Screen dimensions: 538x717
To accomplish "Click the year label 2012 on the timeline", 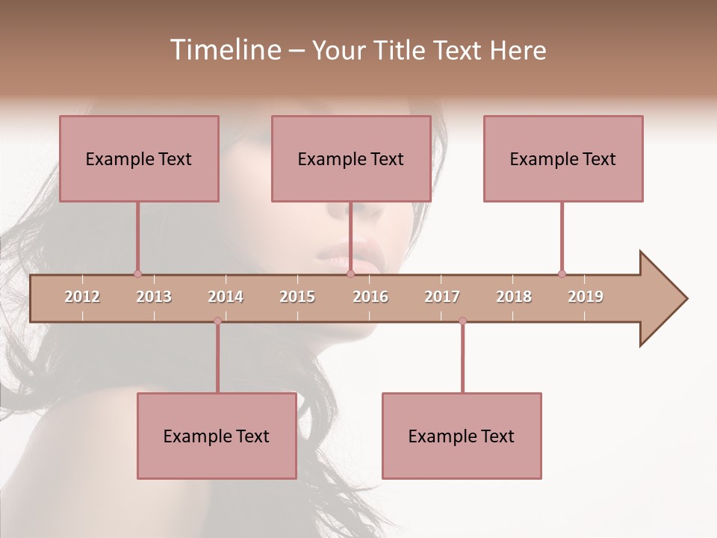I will click(x=82, y=297).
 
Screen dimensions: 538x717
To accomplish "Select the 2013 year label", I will click(x=154, y=297).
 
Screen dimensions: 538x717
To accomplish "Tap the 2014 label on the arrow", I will click(x=226, y=297).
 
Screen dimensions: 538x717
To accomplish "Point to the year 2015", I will click(x=297, y=297).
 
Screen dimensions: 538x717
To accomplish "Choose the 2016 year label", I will click(x=370, y=297).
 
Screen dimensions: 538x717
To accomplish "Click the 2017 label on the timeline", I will click(x=442, y=297).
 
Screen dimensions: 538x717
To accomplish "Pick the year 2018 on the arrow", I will click(x=514, y=297).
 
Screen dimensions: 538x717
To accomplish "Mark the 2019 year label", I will click(x=586, y=297).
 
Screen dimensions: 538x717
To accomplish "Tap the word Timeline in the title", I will click(x=223, y=50).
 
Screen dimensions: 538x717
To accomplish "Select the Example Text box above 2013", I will click(x=139, y=158).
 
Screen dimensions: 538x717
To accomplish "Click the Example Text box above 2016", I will click(x=351, y=158).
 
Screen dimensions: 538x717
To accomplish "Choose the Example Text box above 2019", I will click(x=563, y=158).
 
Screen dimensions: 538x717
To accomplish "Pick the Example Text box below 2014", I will click(x=217, y=436).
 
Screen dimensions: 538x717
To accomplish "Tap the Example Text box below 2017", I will click(x=462, y=436).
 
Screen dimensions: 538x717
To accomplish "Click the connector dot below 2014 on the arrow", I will click(x=217, y=321).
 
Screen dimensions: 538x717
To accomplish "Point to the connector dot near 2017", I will click(x=462, y=321).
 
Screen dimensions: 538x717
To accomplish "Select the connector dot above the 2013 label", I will click(x=137, y=273).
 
